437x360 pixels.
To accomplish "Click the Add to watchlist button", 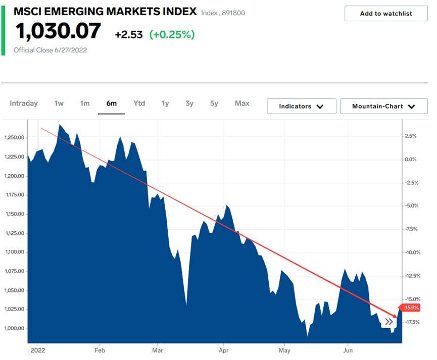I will (386, 14).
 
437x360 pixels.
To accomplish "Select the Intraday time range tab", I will (24, 104).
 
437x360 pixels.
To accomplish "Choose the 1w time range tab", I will (59, 104).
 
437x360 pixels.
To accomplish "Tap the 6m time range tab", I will (111, 104).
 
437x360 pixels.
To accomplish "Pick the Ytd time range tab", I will (139, 104).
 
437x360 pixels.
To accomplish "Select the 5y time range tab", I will (214, 104).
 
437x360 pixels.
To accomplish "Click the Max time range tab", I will (242, 104).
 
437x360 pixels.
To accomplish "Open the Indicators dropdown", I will (301, 106).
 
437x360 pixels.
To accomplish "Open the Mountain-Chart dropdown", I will (383, 106).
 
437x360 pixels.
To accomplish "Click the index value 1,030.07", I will (58, 32).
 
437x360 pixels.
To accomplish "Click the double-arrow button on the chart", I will (389, 322).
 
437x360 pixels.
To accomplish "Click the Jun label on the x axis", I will (348, 349).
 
